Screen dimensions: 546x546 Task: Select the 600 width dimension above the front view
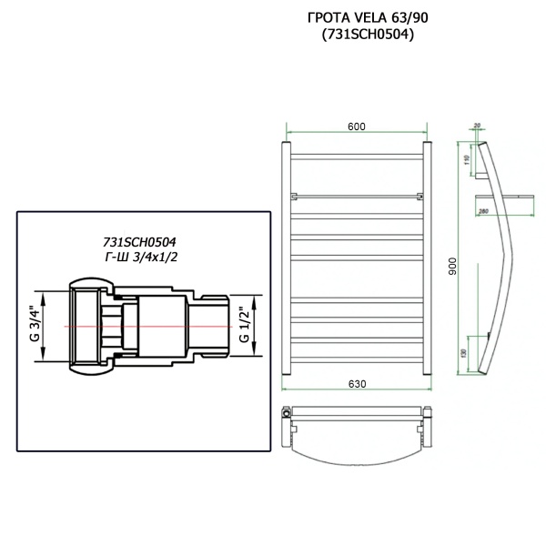[x=356, y=126]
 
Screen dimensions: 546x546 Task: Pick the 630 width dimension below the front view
[x=356, y=384]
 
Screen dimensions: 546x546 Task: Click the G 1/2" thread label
[x=244, y=325]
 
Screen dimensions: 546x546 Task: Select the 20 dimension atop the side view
[x=477, y=126]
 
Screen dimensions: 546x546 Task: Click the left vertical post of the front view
[x=287, y=255]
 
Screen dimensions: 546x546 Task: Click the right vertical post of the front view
[x=425, y=255]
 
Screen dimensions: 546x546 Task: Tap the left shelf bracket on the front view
[x=294, y=196]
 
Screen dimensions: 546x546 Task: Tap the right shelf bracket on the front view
[x=418, y=196]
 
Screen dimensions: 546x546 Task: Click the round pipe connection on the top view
[x=288, y=412]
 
